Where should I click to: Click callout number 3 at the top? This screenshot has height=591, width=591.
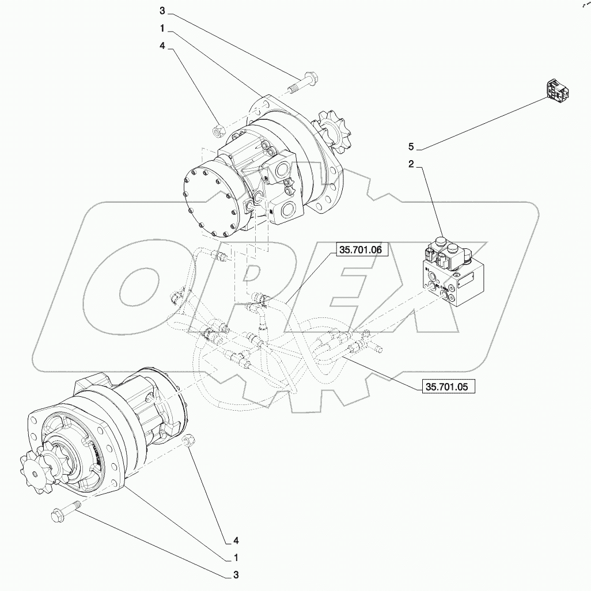[162, 11]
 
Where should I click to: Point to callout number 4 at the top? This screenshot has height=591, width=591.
[162, 49]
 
